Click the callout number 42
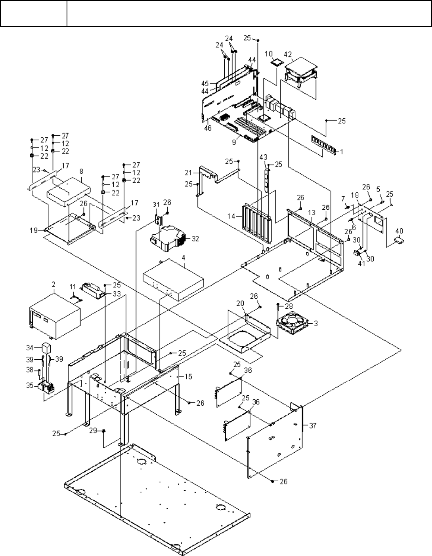click(288, 54)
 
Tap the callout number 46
click(206, 128)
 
